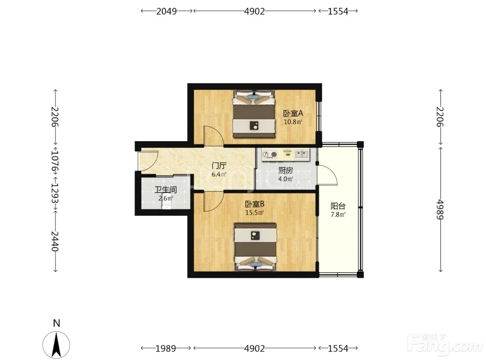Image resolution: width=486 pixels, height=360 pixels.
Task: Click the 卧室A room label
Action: click(293, 113)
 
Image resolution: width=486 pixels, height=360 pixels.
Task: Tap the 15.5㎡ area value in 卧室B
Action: click(255, 213)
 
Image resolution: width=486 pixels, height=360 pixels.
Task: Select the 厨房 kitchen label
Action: click(285, 170)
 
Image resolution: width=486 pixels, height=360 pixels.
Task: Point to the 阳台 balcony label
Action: click(338, 206)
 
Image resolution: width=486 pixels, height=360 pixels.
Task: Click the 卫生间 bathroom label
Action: click(166, 190)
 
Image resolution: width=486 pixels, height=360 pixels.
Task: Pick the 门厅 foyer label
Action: click(219, 165)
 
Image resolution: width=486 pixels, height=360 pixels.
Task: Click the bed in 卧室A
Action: click(254, 114)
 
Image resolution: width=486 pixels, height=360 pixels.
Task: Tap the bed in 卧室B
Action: click(255, 247)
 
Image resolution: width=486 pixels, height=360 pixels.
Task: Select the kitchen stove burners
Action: click(270, 154)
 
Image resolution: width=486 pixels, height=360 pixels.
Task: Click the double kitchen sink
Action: click(302, 154)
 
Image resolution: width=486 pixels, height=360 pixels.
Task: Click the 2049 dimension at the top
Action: click(167, 11)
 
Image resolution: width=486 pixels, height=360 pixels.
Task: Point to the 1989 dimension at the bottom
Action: click(166, 348)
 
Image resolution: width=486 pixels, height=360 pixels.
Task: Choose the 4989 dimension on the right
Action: click(440, 210)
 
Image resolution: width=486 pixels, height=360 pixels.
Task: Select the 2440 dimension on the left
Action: click(55, 241)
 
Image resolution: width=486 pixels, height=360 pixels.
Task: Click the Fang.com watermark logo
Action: click(445, 344)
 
